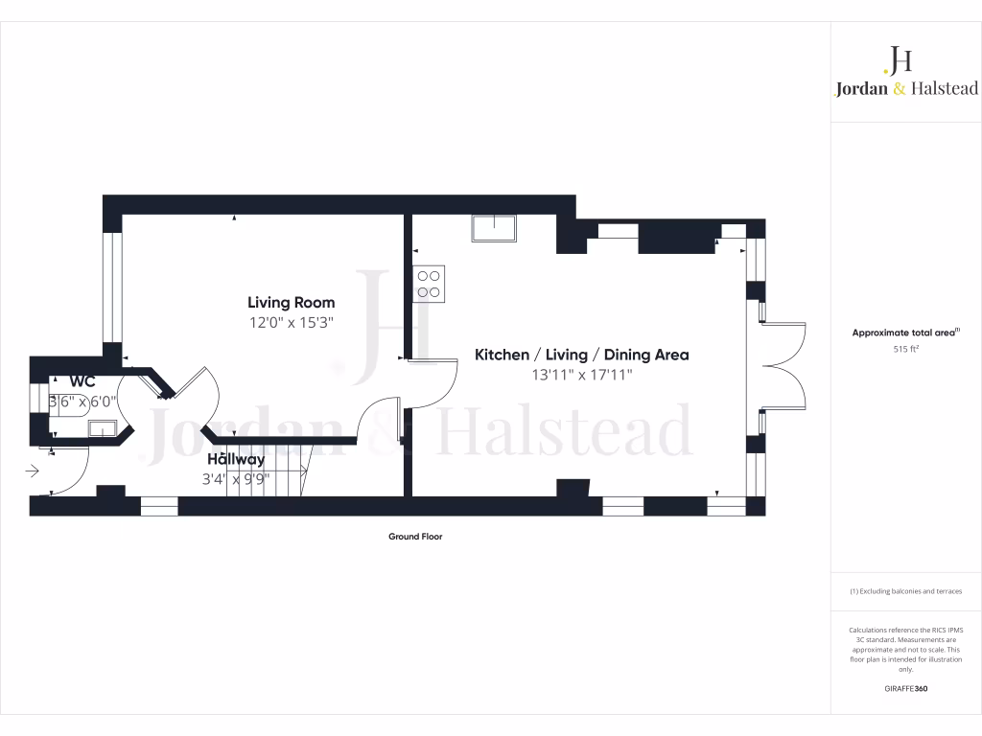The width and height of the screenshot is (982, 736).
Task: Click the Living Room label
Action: (291, 303)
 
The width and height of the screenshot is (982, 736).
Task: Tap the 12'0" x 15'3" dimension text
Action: (291, 324)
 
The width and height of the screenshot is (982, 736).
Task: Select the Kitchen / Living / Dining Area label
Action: (581, 355)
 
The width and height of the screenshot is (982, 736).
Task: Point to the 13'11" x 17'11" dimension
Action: (581, 376)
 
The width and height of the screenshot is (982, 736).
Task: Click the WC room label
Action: (81, 381)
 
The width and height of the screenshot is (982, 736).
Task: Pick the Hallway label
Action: (236, 459)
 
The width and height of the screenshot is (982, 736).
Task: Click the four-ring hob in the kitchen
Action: (429, 283)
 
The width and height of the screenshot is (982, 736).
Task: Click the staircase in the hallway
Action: (289, 469)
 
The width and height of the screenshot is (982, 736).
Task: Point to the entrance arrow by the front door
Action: (32, 471)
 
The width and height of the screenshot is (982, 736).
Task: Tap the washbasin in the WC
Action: (102, 427)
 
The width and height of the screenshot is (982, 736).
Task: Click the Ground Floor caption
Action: (415, 537)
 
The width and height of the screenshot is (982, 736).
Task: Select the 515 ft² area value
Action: (906, 350)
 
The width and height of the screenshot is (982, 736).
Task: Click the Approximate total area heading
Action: (905, 333)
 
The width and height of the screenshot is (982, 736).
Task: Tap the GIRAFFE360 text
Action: (906, 689)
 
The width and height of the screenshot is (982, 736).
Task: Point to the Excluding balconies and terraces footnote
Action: (906, 591)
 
